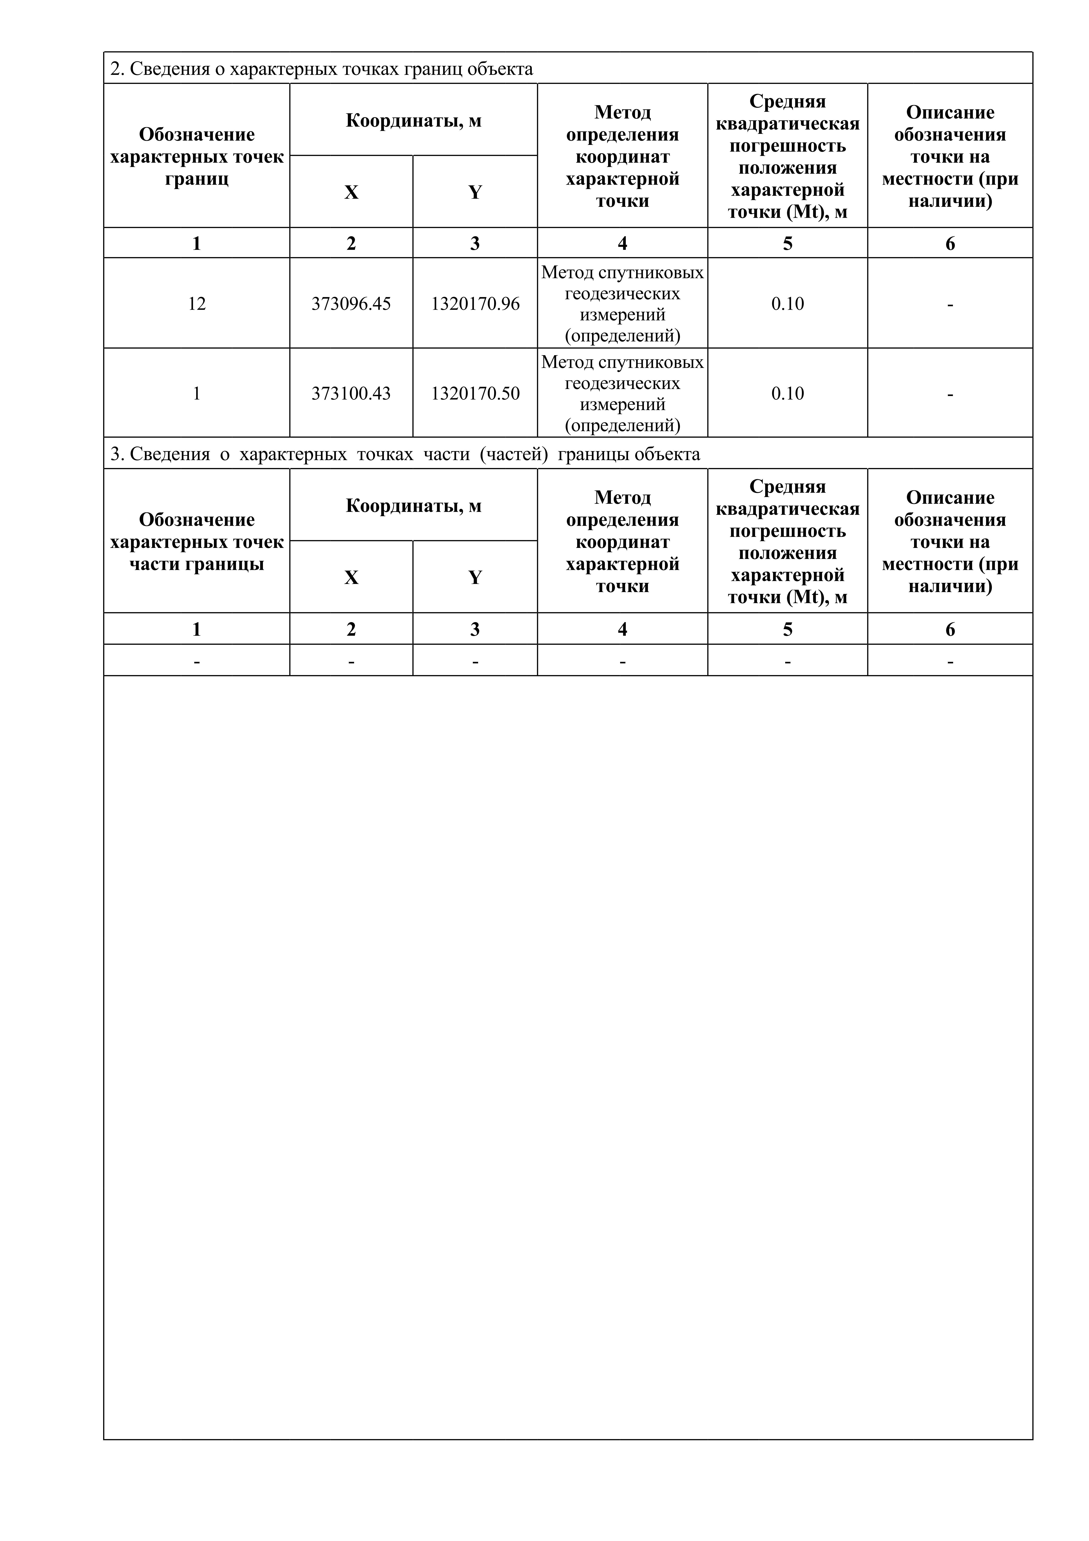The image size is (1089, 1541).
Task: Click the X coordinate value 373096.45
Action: (351, 304)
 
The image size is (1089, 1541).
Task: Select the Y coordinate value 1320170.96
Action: (475, 304)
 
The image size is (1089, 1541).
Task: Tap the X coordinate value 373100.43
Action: (351, 393)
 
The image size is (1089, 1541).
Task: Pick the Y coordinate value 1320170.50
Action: (475, 393)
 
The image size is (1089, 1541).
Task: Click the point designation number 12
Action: (197, 304)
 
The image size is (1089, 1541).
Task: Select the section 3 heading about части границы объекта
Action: (405, 454)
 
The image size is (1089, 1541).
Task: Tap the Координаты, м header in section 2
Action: (413, 121)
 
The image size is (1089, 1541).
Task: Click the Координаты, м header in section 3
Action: (413, 506)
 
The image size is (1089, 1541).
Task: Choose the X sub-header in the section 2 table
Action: (351, 193)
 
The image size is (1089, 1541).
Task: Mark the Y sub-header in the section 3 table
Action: (475, 578)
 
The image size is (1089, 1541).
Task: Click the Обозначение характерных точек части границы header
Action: (197, 542)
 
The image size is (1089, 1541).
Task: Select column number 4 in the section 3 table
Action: (623, 630)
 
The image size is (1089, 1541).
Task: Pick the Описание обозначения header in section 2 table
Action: (950, 156)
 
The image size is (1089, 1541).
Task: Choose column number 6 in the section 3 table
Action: (950, 630)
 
